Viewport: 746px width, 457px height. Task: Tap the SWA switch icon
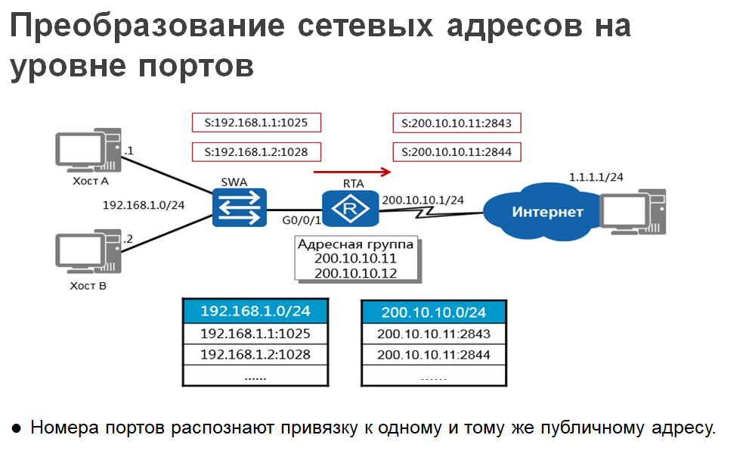click(240, 207)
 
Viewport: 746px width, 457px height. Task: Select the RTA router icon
click(349, 208)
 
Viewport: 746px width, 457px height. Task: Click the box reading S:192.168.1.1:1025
click(256, 123)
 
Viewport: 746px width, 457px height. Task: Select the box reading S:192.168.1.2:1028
click(256, 151)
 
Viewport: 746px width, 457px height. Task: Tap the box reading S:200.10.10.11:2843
click(457, 123)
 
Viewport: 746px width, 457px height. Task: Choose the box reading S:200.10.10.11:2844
click(457, 151)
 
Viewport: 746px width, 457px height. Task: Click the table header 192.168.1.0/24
click(255, 311)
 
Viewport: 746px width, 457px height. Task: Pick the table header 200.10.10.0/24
click(433, 312)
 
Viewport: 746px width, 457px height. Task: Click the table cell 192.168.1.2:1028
click(255, 354)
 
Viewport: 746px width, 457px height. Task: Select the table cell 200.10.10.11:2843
click(433, 334)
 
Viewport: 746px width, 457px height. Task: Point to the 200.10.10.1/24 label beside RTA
click(423, 200)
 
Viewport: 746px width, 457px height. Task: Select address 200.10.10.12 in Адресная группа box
click(356, 273)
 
